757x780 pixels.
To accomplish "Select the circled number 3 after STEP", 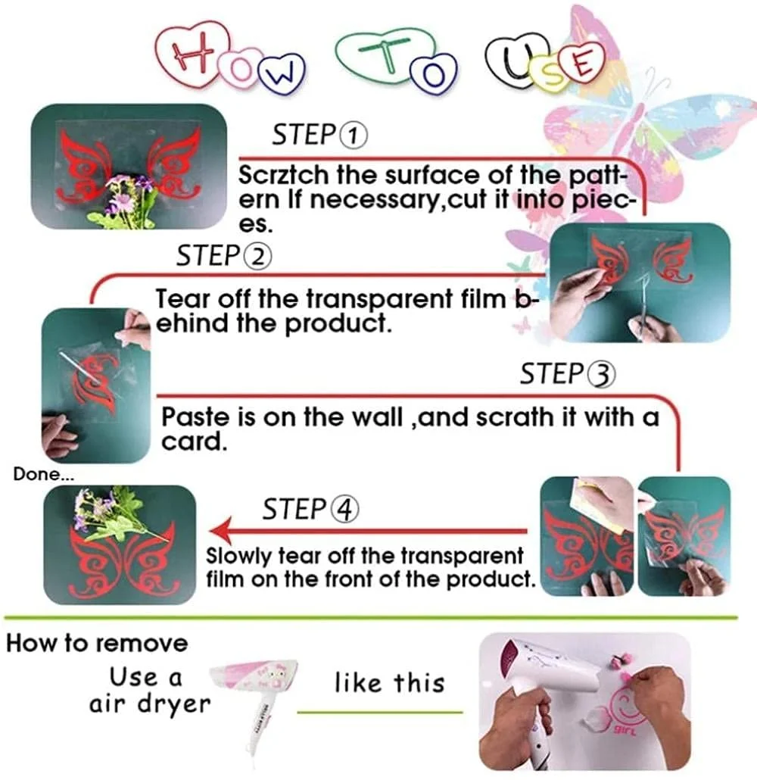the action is [602, 375].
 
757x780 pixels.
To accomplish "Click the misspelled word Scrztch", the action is [284, 175].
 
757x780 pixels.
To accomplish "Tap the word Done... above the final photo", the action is [44, 474].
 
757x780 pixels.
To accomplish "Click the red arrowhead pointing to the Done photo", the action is [221, 531].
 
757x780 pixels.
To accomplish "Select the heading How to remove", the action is [97, 643].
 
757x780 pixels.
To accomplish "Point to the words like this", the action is [389, 682].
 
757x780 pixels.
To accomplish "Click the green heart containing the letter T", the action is [383, 54].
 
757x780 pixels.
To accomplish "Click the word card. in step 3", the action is [194, 441].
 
